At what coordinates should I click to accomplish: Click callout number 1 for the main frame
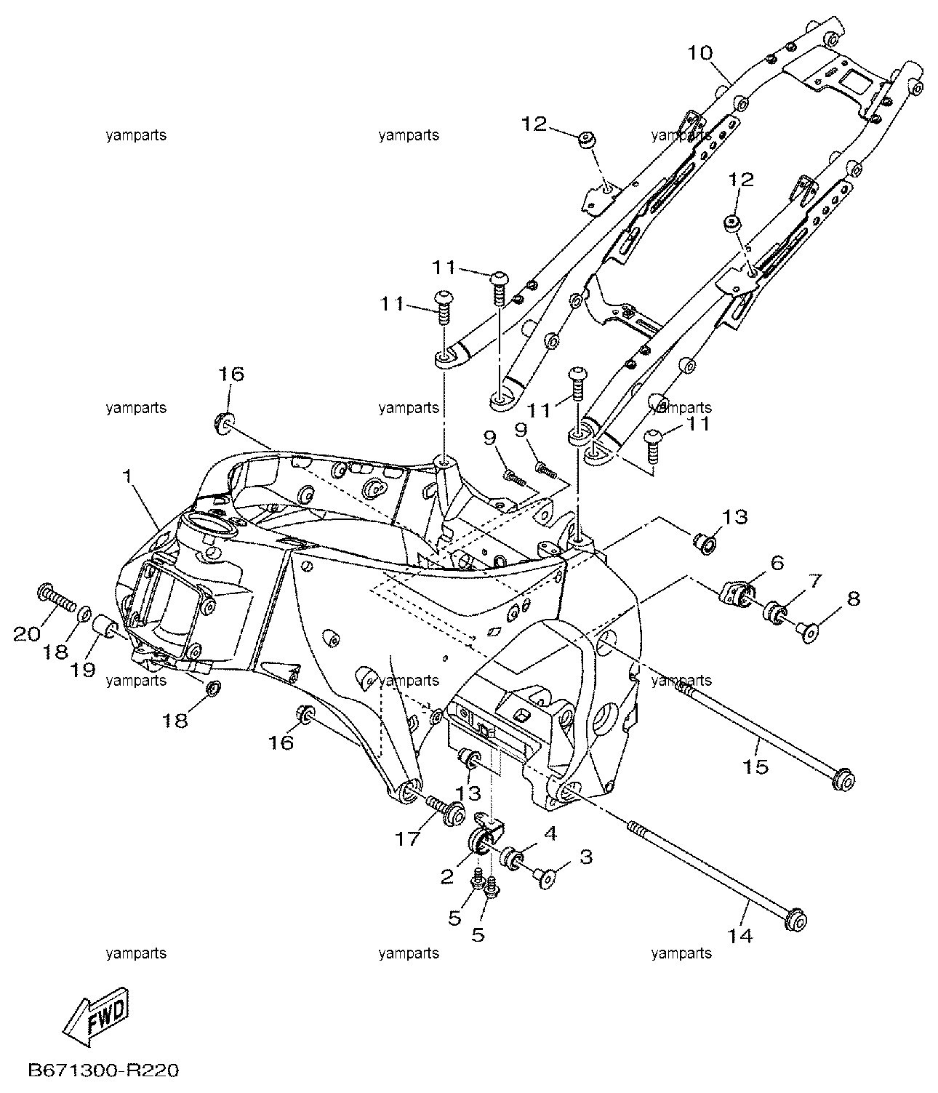(127, 476)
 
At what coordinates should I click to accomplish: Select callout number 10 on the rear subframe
(700, 53)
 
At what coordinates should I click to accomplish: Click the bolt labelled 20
(57, 598)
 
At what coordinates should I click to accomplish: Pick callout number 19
(83, 670)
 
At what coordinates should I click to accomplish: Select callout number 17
(408, 838)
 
